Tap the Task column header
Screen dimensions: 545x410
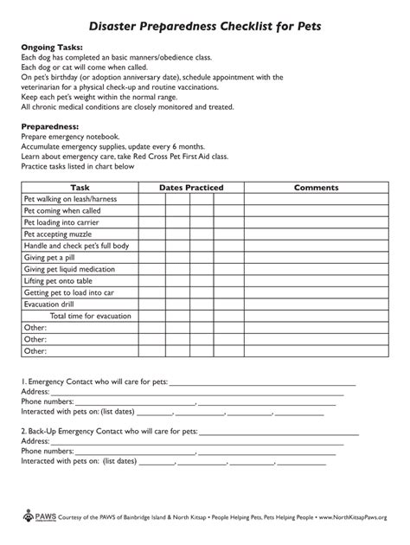tap(80, 187)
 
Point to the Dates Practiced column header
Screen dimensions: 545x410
tap(191, 187)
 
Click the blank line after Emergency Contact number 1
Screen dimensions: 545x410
tap(263, 381)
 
